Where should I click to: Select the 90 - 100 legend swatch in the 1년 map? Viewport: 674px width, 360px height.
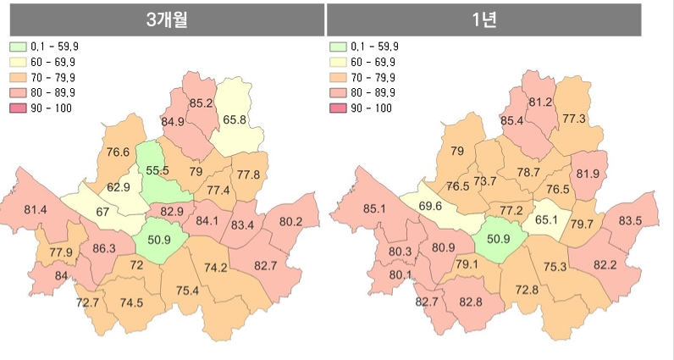[337, 108]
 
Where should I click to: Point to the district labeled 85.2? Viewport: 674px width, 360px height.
[202, 104]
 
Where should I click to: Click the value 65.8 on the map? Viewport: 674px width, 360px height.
[235, 120]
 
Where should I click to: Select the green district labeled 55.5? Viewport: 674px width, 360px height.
[157, 171]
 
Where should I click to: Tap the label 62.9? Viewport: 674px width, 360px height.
[119, 187]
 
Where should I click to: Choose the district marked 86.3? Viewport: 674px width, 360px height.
[104, 248]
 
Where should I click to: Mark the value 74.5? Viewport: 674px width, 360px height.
[130, 303]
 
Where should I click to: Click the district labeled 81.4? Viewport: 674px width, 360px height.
[36, 209]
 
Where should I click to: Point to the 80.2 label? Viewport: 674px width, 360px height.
[290, 222]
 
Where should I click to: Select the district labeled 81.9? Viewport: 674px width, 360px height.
[588, 174]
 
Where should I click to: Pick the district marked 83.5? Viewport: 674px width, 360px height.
[630, 221]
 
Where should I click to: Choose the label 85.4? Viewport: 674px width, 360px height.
[512, 121]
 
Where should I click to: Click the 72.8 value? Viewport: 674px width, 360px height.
[525, 291]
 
